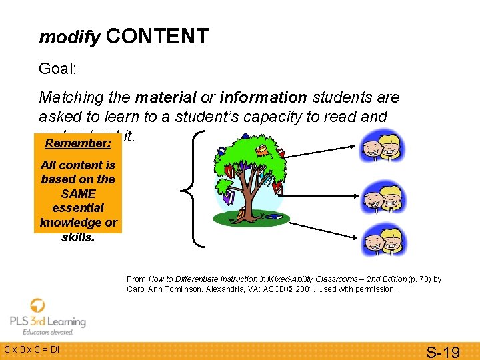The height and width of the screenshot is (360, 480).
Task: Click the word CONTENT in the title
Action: (x=157, y=36)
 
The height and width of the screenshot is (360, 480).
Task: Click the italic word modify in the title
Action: (x=69, y=38)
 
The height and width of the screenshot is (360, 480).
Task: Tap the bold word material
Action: (x=165, y=97)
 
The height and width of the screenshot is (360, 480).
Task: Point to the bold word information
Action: (x=263, y=97)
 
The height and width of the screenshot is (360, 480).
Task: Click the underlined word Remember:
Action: (x=77, y=143)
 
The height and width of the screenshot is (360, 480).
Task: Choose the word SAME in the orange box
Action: (x=78, y=193)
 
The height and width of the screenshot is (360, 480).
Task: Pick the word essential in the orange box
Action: (x=78, y=208)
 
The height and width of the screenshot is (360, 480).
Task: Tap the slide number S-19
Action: (x=443, y=351)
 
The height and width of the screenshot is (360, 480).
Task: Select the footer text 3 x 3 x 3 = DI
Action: (x=32, y=349)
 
